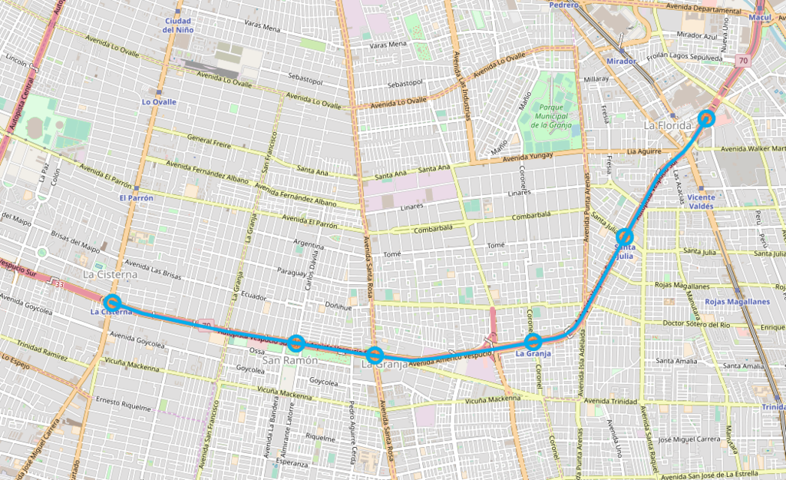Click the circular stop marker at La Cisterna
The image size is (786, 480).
coord(112,302)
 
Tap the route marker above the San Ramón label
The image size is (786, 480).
coord(297,343)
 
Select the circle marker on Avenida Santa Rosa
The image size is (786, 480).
coord(375,355)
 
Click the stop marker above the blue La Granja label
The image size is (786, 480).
coord(533,341)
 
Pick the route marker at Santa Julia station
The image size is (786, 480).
coord(625,237)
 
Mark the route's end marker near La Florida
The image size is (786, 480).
coord(707,118)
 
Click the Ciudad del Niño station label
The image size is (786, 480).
coord(178,25)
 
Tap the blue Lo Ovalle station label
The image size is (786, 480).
coord(159,102)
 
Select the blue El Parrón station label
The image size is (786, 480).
coord(137,198)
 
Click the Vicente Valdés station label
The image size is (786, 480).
coord(702,201)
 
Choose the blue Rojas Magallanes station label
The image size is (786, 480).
coord(737,302)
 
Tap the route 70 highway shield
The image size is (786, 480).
coord(743,60)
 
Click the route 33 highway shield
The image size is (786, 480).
coord(58,284)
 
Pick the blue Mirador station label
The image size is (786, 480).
coord(621,61)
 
